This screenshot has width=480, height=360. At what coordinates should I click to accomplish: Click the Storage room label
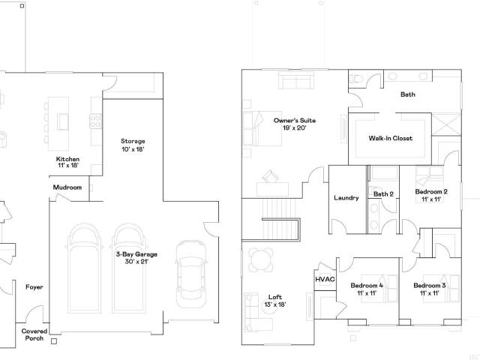click(133, 145)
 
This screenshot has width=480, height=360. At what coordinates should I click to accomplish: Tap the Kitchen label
click(68, 162)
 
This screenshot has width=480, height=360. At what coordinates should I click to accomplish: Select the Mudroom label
click(67, 187)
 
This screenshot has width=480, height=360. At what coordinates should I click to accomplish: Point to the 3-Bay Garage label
click(136, 258)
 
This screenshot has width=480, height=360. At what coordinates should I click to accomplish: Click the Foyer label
click(34, 287)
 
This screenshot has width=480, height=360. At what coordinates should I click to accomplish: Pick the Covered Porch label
click(34, 334)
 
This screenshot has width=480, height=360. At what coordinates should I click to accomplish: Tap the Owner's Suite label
click(295, 124)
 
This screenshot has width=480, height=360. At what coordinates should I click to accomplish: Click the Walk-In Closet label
click(391, 138)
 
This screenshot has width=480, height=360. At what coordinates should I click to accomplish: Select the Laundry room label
click(346, 198)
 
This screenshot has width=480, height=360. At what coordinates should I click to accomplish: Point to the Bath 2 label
click(383, 194)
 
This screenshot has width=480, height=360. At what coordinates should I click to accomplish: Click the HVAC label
click(325, 279)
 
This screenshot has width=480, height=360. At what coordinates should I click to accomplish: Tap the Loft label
click(275, 301)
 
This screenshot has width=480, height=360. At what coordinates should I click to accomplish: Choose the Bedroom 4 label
click(367, 289)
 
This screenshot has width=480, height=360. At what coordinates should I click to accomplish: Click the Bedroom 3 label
click(430, 289)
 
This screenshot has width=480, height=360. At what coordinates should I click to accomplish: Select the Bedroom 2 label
click(431, 195)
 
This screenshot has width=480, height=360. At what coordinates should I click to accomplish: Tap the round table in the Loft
click(260, 260)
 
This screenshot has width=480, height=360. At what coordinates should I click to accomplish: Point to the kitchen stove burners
click(95, 121)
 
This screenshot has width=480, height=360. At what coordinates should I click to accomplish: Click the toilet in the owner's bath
click(357, 78)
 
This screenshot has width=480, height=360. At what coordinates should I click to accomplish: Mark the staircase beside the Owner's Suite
click(280, 219)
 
